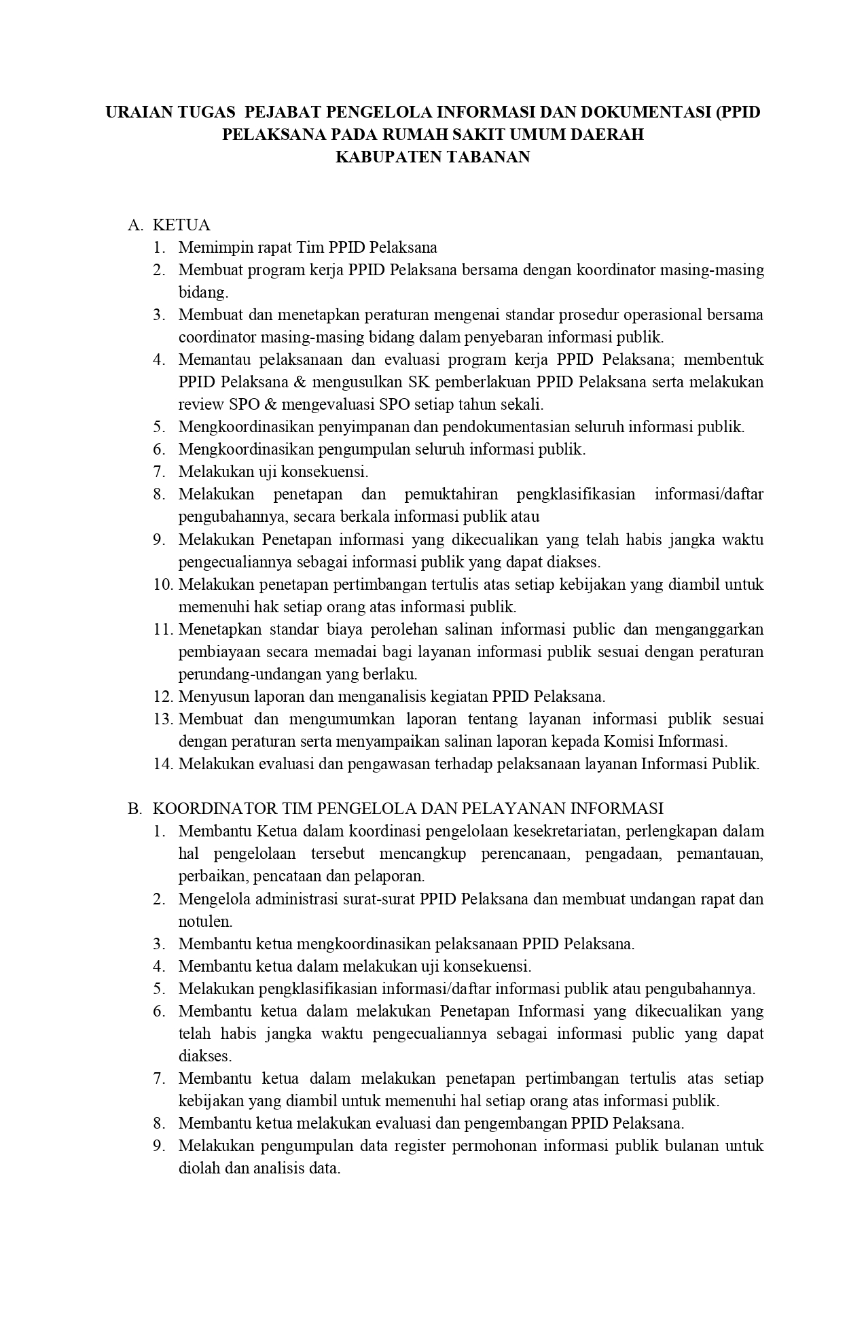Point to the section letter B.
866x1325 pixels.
tap(136, 809)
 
